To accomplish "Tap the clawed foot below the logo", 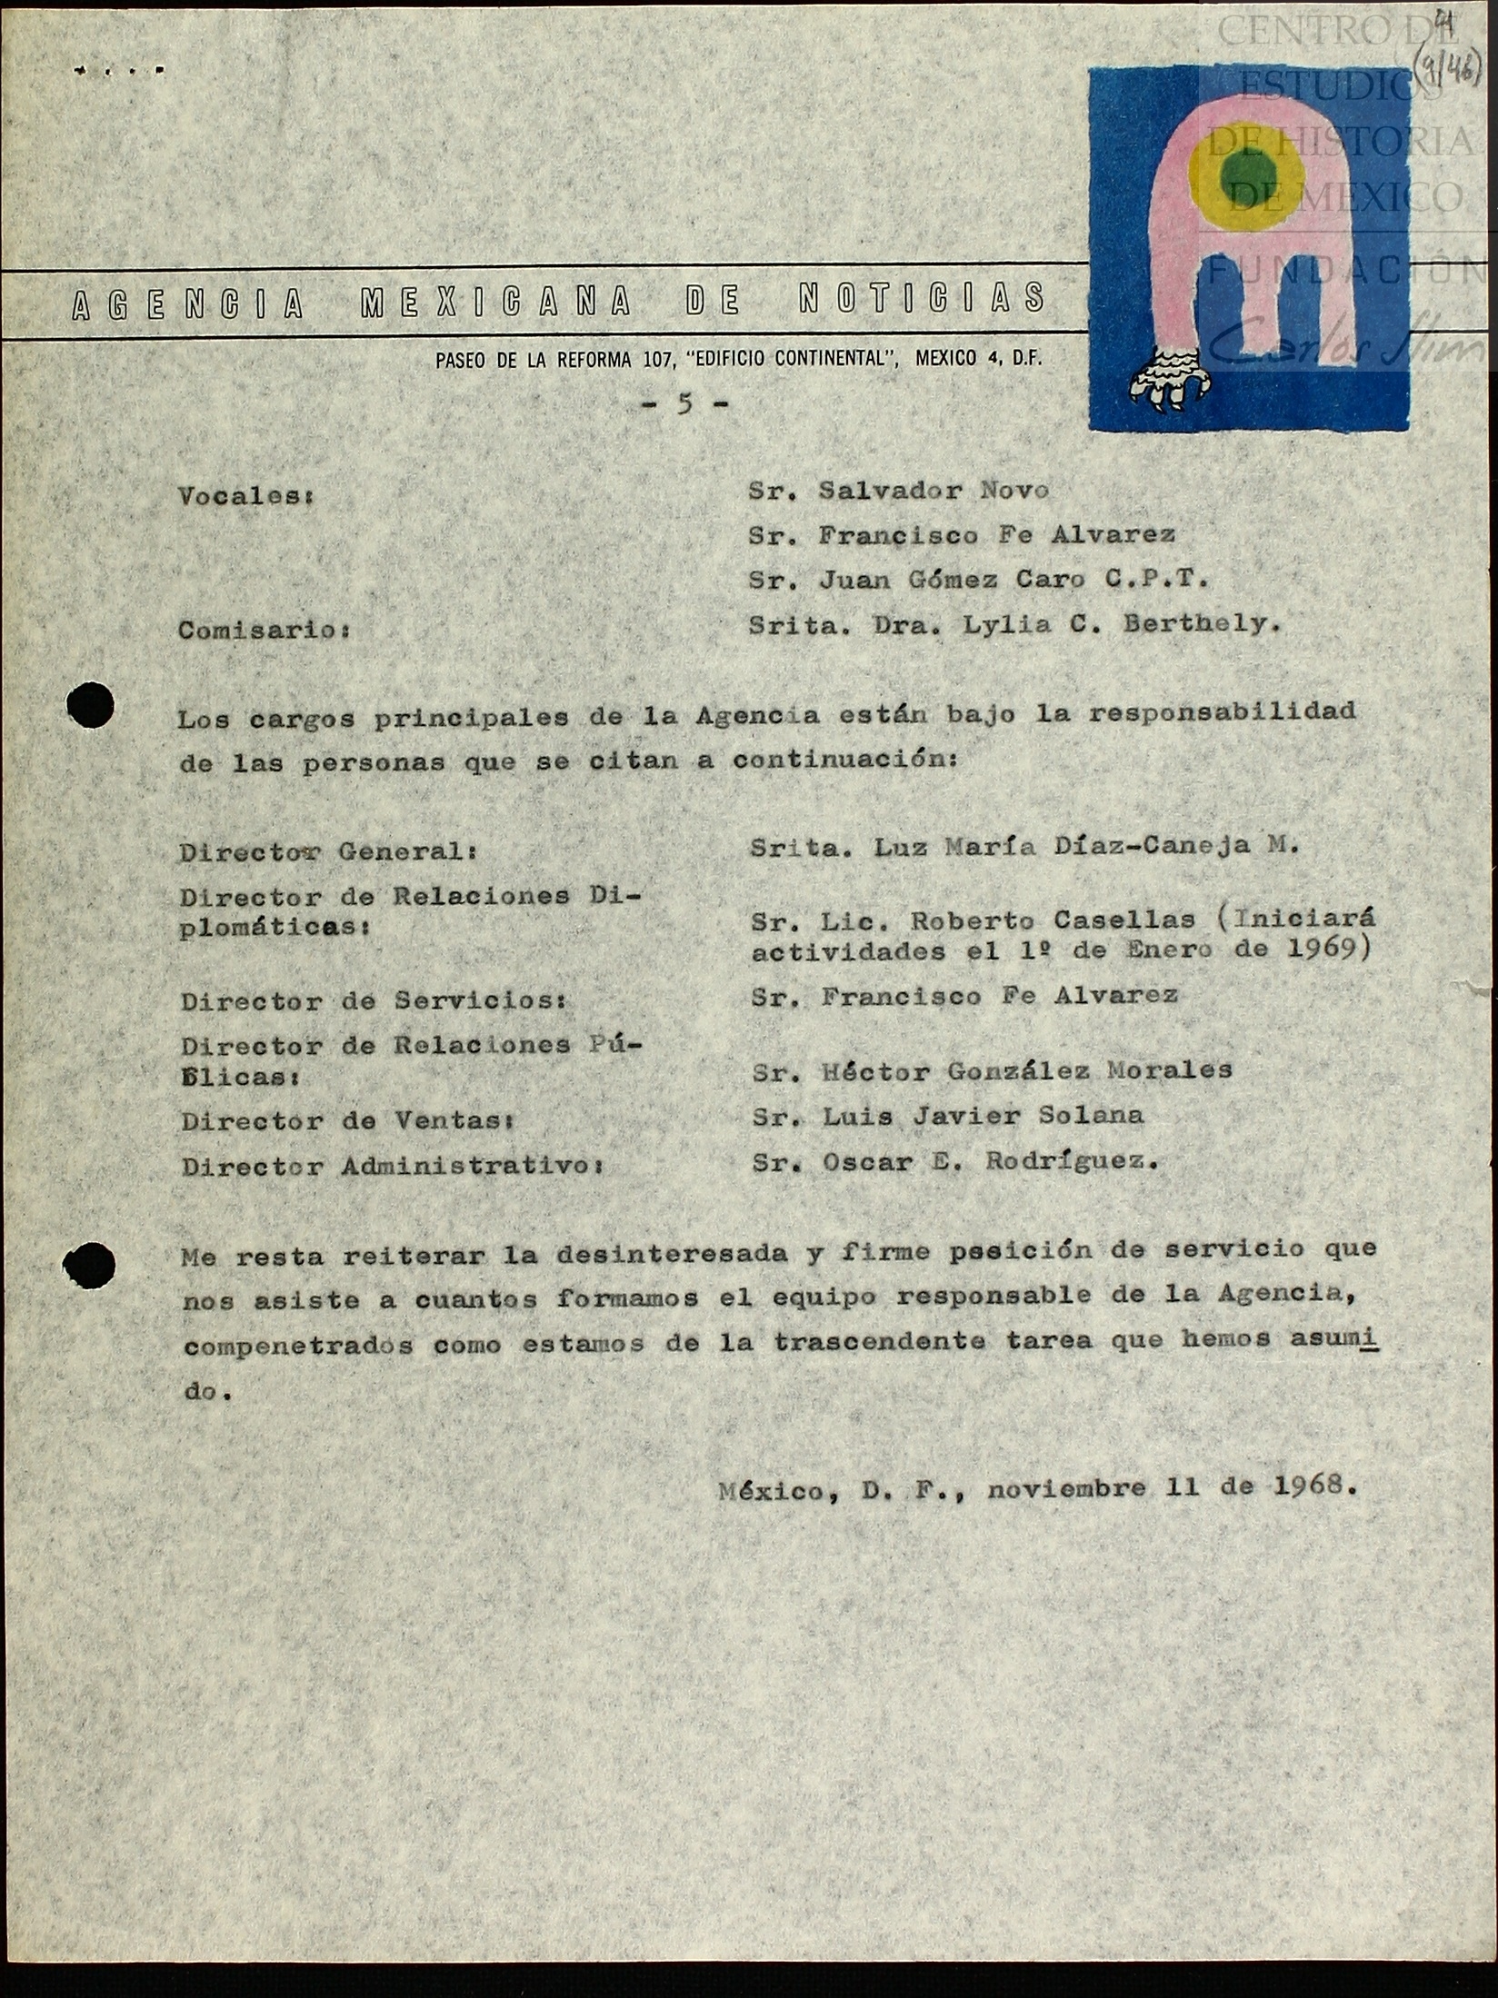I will coord(1171,385).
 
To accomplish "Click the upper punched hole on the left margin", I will coord(90,704).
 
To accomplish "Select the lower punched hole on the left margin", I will coord(90,1265).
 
